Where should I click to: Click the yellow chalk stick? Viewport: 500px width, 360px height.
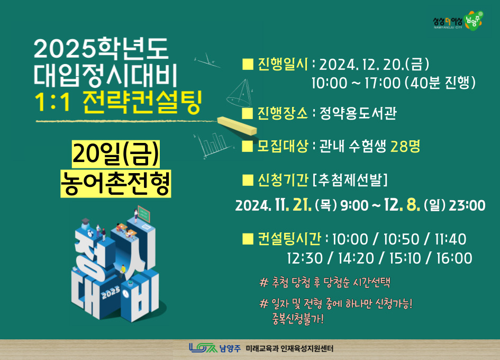click(x=237, y=126)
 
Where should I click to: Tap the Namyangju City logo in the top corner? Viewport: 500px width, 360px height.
click(x=458, y=21)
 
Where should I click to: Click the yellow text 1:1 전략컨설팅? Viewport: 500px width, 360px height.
click(x=118, y=103)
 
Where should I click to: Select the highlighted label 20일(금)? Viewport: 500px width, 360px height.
click(x=115, y=154)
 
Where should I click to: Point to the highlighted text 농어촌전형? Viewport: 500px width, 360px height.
click(x=115, y=183)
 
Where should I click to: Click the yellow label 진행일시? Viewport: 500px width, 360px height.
click(x=283, y=64)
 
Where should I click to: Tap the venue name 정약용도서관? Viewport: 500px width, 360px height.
click(x=358, y=113)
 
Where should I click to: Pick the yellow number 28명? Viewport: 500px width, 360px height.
click(x=405, y=146)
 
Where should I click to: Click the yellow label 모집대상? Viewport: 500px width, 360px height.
click(x=283, y=146)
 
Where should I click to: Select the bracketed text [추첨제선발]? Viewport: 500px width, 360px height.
click(x=350, y=180)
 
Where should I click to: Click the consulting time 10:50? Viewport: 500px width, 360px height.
click(x=401, y=239)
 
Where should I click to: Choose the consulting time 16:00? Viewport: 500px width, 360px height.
click(x=454, y=258)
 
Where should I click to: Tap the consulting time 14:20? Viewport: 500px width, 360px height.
click(x=356, y=258)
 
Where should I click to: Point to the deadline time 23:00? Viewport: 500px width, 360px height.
click(x=467, y=205)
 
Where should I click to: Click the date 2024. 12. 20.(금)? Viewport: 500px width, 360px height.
click(x=374, y=65)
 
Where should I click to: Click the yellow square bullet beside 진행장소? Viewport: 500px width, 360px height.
click(x=248, y=113)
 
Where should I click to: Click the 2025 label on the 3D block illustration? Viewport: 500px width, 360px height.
click(x=111, y=292)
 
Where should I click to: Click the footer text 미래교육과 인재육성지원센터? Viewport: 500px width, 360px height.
click(x=289, y=348)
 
